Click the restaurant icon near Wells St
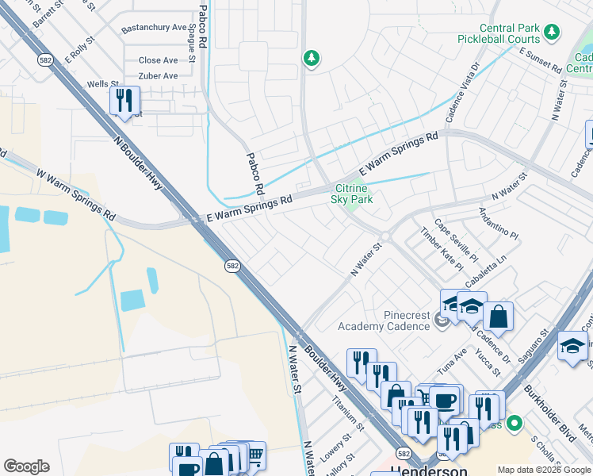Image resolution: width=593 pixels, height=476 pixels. [124, 100]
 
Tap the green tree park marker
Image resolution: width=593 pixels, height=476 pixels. [312, 58]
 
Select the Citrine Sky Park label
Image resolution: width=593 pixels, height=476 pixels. [351, 194]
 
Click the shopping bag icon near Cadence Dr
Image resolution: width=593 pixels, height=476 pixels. [498, 317]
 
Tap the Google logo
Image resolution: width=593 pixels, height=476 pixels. [26, 466]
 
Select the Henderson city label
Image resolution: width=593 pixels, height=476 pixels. [428, 470]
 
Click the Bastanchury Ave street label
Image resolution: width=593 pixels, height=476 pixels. [154, 28]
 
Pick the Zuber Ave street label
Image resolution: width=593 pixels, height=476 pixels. [159, 76]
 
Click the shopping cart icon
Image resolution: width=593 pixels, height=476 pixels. [255, 455]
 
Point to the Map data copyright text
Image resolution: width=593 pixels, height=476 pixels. [544, 470]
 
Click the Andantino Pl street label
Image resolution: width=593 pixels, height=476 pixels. [498, 225]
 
